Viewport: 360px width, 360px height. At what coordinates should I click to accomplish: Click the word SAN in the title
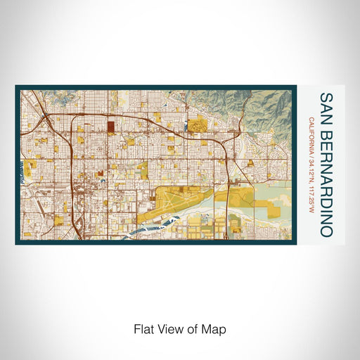coord(326,106)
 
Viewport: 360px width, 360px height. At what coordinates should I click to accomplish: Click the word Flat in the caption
coord(142,328)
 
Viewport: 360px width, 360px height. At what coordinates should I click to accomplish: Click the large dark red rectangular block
coord(111,128)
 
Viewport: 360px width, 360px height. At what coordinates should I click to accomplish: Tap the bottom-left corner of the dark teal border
coord(17,243)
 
